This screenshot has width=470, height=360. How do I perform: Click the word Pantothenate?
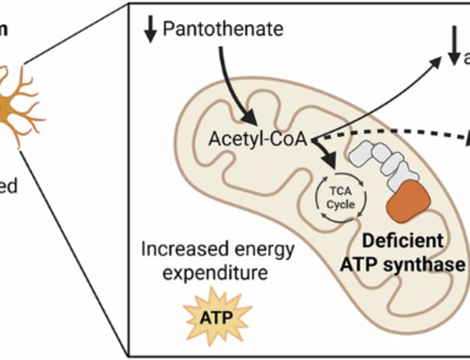tap(223, 30)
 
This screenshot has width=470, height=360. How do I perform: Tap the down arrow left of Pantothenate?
tap(150, 28)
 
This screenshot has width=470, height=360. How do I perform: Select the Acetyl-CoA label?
tap(257, 139)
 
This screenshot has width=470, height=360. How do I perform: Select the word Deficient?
tap(403, 241)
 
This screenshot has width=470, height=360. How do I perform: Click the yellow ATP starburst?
tap(217, 315)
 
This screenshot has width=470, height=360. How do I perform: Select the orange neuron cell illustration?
tap(17, 108)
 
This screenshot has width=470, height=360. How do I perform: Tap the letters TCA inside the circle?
tap(341, 192)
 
